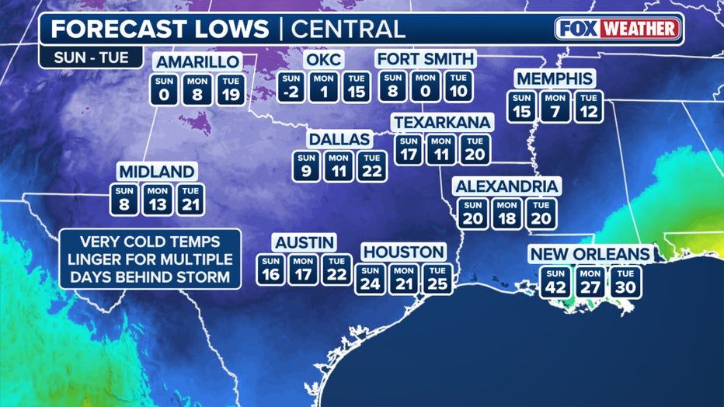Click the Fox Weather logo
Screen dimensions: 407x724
(x=618, y=30)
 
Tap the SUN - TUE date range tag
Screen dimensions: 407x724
(x=87, y=57)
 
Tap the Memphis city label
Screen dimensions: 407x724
(x=555, y=79)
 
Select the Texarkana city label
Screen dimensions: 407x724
(x=442, y=123)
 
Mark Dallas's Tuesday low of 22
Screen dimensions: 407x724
(x=372, y=167)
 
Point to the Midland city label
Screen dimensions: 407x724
(x=156, y=172)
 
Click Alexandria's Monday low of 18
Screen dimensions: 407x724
(x=506, y=214)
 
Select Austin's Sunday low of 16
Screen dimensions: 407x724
(x=270, y=270)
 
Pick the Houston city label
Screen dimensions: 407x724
(x=404, y=252)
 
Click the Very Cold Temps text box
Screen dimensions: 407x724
(x=150, y=259)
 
